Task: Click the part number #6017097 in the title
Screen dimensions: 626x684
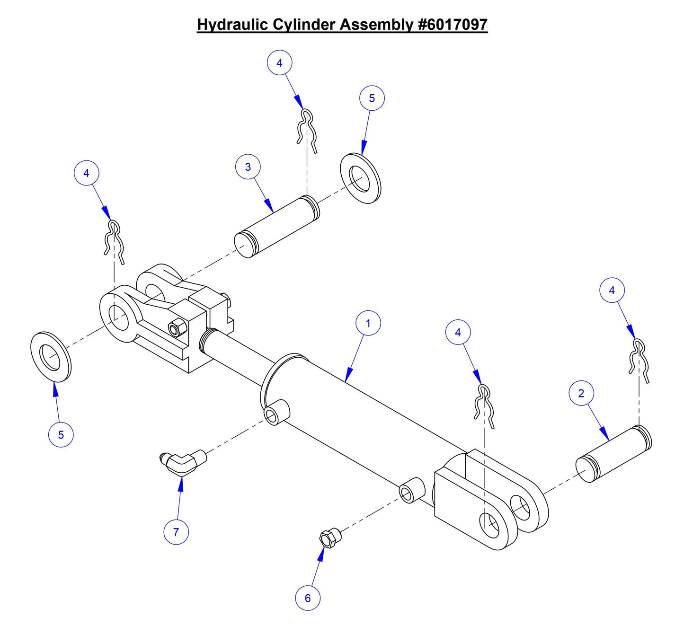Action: click(453, 24)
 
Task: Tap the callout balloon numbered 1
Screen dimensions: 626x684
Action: click(368, 323)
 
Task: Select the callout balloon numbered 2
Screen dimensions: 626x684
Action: click(581, 393)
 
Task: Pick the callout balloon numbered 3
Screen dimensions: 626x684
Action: click(248, 167)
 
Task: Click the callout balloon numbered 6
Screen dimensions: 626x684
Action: click(308, 598)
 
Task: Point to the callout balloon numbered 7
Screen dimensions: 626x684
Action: click(176, 532)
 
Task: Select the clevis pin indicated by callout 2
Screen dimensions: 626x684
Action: click(613, 454)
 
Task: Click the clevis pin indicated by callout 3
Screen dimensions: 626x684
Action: click(277, 227)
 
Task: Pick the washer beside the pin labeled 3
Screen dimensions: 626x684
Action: click(361, 178)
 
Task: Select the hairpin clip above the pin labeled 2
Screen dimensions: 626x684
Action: click(639, 360)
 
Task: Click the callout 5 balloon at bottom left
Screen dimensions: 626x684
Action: click(61, 434)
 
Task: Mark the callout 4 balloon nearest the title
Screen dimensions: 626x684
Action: click(279, 62)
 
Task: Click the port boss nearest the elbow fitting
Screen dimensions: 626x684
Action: click(277, 412)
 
